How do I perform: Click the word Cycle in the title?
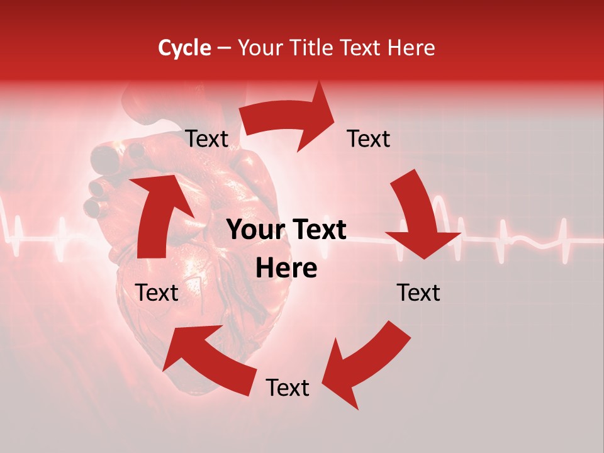184,48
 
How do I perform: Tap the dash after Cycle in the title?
224,48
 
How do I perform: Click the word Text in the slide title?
365,48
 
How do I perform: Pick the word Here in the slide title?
413,48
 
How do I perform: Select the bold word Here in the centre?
286,269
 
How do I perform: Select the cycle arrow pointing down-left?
365,362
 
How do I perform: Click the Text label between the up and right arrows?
206,139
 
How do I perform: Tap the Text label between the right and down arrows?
369,138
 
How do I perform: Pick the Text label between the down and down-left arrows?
418,293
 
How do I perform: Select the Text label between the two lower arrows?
288,388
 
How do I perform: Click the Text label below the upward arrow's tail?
157,293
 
